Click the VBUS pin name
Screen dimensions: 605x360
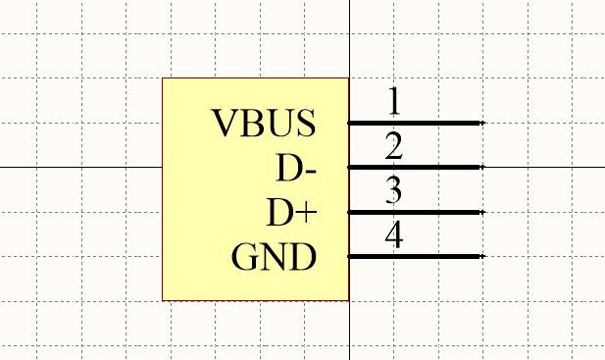click(264, 124)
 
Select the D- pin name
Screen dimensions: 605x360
click(296, 169)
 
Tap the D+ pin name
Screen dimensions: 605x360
click(292, 213)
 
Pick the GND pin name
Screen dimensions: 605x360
click(274, 258)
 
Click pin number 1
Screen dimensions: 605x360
click(394, 101)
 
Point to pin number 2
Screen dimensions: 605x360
click(394, 147)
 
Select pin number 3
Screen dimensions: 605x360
click(394, 190)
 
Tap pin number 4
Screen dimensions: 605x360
click(394, 235)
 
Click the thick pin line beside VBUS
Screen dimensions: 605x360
click(415, 123)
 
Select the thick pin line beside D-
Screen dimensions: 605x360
click(415, 168)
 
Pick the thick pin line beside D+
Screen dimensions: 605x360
click(415, 212)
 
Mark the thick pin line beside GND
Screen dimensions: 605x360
click(415, 257)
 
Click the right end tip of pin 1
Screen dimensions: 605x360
click(482, 123)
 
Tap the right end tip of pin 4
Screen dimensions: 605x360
click(482, 257)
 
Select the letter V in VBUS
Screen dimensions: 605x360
click(227, 124)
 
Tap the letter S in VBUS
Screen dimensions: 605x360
click(306, 124)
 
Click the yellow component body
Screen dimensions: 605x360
click(196, 196)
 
